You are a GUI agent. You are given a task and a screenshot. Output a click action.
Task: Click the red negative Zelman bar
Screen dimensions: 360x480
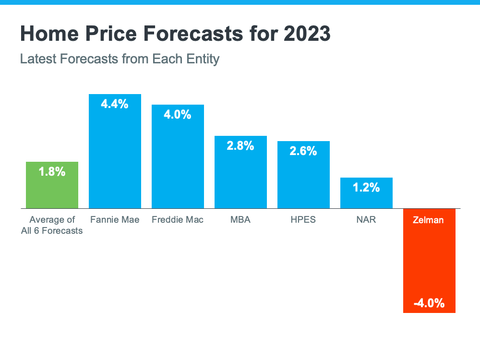pyautogui.click(x=429, y=259)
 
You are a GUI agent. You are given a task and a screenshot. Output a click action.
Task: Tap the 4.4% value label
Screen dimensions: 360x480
pyautogui.click(x=115, y=104)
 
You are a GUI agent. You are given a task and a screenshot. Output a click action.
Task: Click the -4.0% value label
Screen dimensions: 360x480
pyautogui.click(x=429, y=303)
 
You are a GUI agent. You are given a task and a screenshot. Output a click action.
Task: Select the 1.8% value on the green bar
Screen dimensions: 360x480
pyautogui.click(x=52, y=171)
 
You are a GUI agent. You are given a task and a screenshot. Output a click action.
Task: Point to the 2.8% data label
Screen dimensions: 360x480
pyautogui.click(x=240, y=146)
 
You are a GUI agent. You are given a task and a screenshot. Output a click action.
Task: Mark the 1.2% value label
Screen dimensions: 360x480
pyautogui.click(x=366, y=188)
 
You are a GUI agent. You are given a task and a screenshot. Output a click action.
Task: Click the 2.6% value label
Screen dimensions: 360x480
pyautogui.click(x=303, y=151)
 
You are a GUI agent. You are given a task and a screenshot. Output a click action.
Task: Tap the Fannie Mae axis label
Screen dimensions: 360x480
pyautogui.click(x=115, y=220)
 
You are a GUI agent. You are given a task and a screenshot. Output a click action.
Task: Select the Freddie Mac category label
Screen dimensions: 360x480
pyautogui.click(x=178, y=220)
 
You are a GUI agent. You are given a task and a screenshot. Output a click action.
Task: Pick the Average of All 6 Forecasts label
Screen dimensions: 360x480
pyautogui.click(x=56, y=225)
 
